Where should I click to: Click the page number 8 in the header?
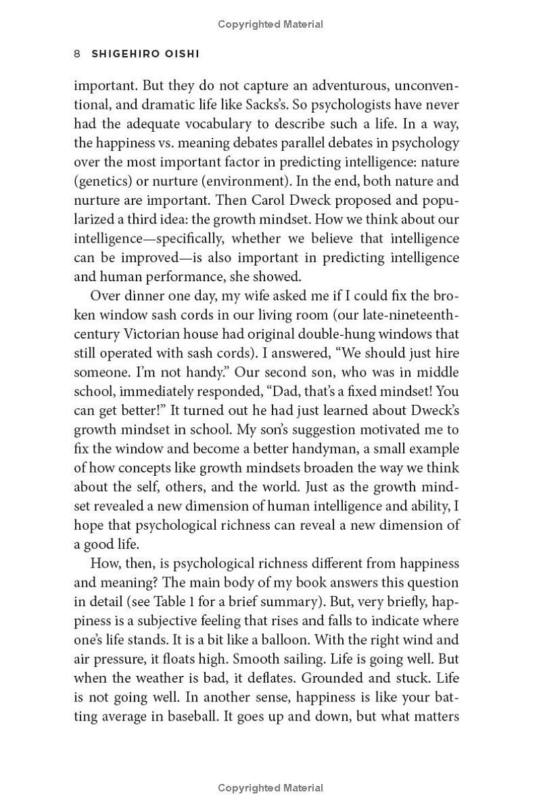[78, 54]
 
